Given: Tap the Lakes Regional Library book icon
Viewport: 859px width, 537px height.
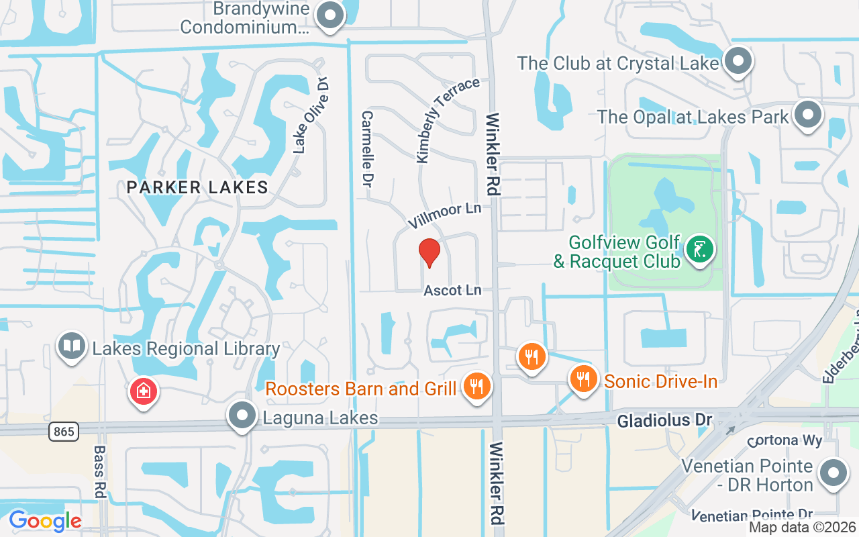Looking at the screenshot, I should pyautogui.click(x=71, y=346).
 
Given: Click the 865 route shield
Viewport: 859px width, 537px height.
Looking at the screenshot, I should pyautogui.click(x=63, y=431).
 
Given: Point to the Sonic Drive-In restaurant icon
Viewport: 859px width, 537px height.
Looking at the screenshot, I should pyautogui.click(x=584, y=379).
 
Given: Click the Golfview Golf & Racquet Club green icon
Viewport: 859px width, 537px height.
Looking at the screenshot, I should pyautogui.click(x=699, y=250).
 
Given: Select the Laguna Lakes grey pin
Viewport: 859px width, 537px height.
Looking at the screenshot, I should pyautogui.click(x=242, y=416).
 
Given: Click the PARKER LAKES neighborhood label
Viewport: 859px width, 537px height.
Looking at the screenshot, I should pyautogui.click(x=197, y=187).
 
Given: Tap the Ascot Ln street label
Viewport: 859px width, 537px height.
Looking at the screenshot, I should pyautogui.click(x=453, y=290).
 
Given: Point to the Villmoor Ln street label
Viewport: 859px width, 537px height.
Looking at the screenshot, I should pyautogui.click(x=445, y=214).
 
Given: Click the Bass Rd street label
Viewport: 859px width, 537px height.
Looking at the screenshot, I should pyautogui.click(x=99, y=471).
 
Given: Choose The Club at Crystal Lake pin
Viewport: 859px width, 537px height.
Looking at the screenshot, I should pyautogui.click(x=738, y=60).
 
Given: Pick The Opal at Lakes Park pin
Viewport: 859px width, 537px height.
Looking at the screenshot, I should pyautogui.click(x=807, y=115).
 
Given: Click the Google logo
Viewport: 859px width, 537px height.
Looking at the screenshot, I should pyautogui.click(x=45, y=520).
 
